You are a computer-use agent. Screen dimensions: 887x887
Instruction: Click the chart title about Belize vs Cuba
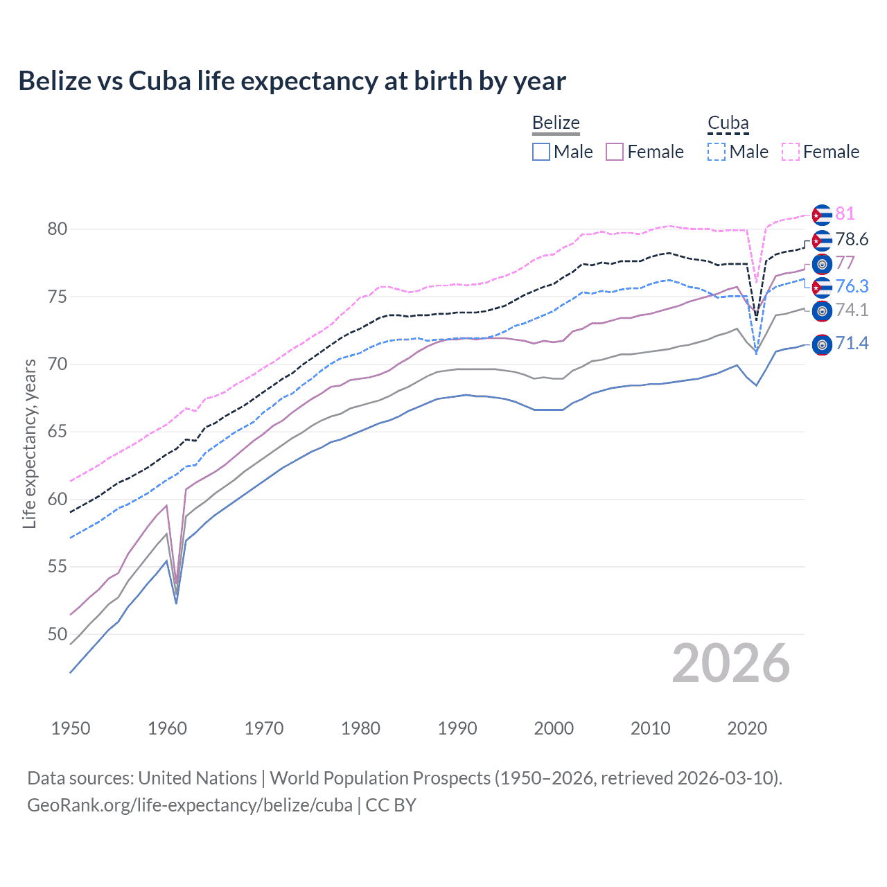(292, 81)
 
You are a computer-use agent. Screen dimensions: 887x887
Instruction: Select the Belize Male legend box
(541, 152)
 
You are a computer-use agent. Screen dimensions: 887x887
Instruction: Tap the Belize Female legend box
(615, 152)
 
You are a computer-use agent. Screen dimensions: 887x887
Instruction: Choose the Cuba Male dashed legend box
(717, 152)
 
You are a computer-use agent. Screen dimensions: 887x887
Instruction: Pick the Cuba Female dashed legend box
(791, 152)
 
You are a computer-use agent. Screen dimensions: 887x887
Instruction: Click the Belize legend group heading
(556, 123)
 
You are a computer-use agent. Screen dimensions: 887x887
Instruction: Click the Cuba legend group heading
(728, 123)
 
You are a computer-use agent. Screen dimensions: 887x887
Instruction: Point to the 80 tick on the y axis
(58, 229)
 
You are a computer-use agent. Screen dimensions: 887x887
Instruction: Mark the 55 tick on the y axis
(58, 567)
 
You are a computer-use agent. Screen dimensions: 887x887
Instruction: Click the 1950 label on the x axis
(71, 728)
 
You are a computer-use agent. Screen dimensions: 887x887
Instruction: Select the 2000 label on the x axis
(554, 728)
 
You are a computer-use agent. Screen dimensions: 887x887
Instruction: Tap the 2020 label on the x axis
(747, 728)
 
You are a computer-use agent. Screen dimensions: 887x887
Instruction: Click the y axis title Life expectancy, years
(29, 443)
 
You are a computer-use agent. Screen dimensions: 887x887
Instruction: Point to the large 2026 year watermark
(730, 664)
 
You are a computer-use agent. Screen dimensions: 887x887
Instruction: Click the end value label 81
(845, 214)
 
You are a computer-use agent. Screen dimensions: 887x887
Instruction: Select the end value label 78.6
(852, 240)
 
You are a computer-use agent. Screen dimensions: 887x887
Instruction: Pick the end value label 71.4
(852, 344)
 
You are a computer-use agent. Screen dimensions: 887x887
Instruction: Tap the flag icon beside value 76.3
(822, 287)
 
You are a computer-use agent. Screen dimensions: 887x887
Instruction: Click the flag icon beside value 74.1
(822, 310)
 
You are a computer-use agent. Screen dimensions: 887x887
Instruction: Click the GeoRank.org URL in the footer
(190, 805)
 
